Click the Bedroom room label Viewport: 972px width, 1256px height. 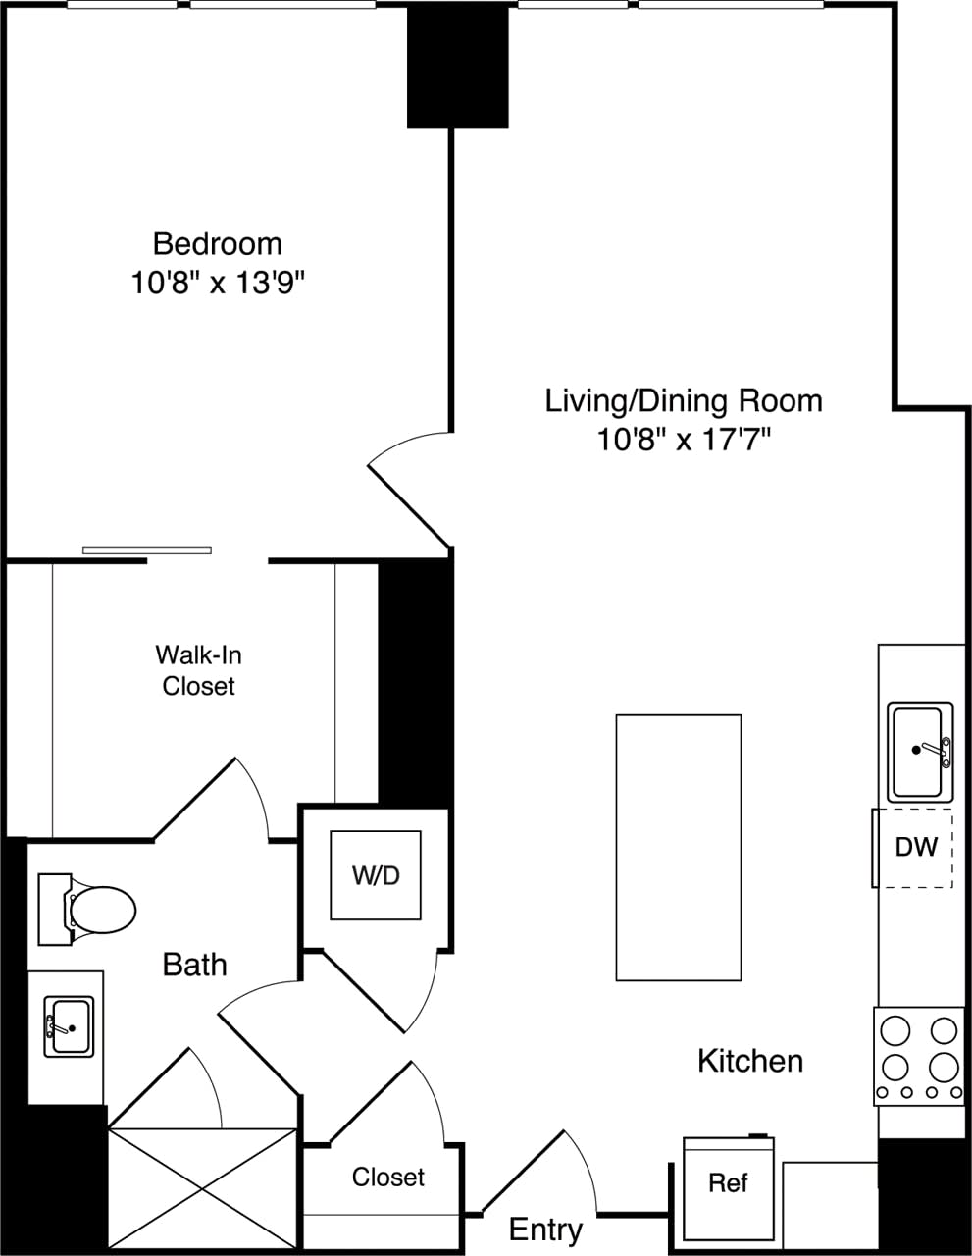pyautogui.click(x=217, y=242)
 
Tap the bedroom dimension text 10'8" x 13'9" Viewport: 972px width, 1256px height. pyautogui.click(x=217, y=284)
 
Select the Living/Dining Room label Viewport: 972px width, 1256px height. pyautogui.click(x=684, y=400)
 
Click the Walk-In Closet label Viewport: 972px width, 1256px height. pyautogui.click(x=198, y=670)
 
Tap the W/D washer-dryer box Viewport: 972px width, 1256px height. pyautogui.click(x=376, y=875)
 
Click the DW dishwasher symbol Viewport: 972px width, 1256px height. pyautogui.click(x=915, y=847)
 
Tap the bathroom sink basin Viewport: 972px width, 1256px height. pyautogui.click(x=70, y=1026)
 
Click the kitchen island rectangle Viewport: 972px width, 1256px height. pyautogui.click(x=678, y=847)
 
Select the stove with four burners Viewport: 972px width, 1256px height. pyautogui.click(x=918, y=1056)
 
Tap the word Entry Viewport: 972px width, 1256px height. pyautogui.click(x=545, y=1230)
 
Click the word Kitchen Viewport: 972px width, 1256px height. pyautogui.click(x=750, y=1061)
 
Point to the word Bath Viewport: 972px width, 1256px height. pyautogui.click(x=194, y=965)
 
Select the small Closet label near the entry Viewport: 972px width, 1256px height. pyautogui.click(x=388, y=1177)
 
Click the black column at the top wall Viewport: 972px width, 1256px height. pyautogui.click(x=458, y=67)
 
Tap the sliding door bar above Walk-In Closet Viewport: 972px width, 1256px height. pyautogui.click(x=147, y=549)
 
